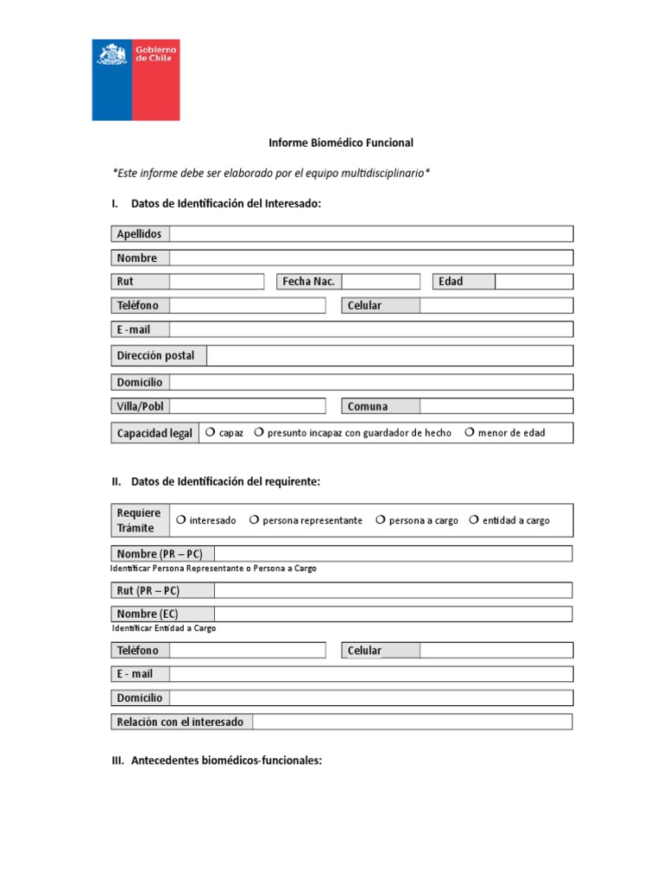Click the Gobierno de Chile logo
pos(136,80)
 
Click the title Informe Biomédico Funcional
pos(341,143)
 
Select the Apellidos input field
pos(371,234)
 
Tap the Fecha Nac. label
pos(308,282)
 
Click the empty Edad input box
pos(534,282)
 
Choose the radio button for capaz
pos(210,432)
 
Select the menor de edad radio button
pos(470,432)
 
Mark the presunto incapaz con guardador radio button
pos(258,432)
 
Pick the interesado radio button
pos(180,519)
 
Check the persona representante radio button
pos(254,519)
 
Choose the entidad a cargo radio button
pos(474,519)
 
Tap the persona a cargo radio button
pos(380,519)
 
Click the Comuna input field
pos(496,406)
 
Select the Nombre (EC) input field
pos(393,614)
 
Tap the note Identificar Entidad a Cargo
pos(164,628)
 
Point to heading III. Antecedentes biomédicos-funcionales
pos(213,761)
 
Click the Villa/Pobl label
pos(140,406)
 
